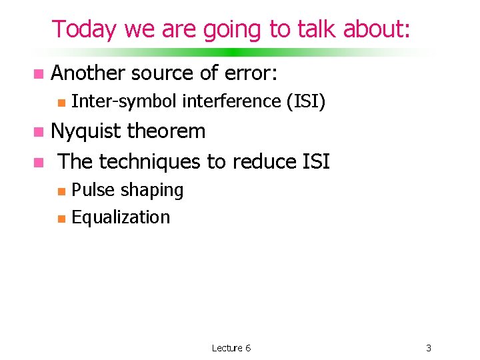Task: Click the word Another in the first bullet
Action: point(88,73)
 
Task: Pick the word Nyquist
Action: point(86,131)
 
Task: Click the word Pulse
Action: point(93,190)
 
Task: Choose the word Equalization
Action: point(121,217)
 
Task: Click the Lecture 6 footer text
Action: point(231,348)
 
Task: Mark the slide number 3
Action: point(429,348)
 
